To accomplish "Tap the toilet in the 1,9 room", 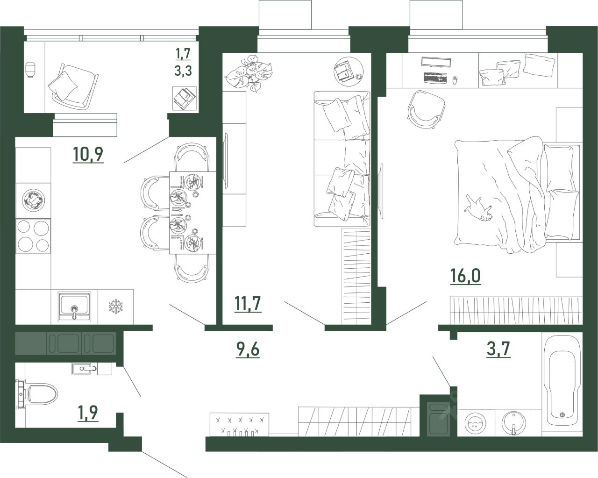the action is tap(38, 394).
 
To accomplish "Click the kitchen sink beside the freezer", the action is tap(74, 307).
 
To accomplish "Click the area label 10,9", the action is tap(88, 155).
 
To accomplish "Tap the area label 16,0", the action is tap(465, 276).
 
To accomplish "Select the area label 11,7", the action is tap(248, 304).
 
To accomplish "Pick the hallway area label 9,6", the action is tap(248, 350).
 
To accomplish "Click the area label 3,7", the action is tap(498, 349).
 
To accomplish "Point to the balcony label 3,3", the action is tap(183, 71).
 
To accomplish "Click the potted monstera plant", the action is tap(248, 73).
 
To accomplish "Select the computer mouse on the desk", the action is tap(455, 80).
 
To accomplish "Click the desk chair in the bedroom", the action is tap(426, 109).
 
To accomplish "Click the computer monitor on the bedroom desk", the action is tap(436, 62).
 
